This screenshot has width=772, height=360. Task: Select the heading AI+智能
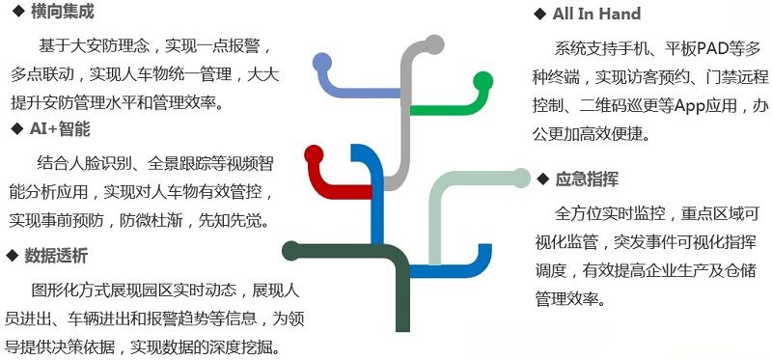coord(59,128)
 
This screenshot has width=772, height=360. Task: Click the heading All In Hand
coord(596,14)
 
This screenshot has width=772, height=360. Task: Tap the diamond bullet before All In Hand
coord(539,14)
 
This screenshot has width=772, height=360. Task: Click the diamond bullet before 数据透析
coord(13,256)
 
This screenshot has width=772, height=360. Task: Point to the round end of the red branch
coord(314,153)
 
